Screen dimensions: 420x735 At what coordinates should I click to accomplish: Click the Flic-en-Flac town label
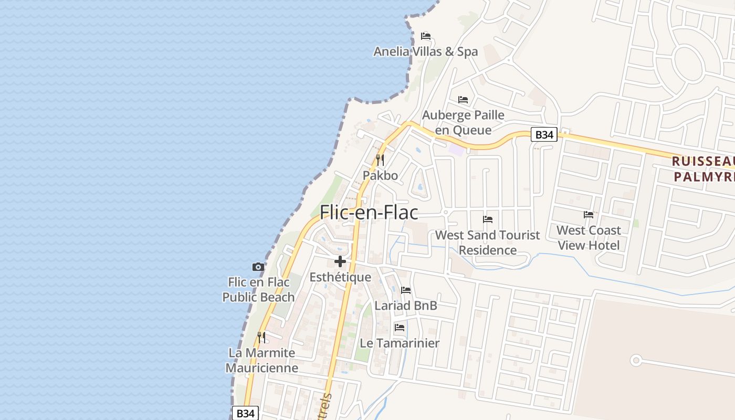369,213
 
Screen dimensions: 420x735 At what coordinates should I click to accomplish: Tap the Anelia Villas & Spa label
425,51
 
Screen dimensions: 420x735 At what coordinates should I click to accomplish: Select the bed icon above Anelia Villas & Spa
426,36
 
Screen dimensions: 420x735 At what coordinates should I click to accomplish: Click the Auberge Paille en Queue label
463,122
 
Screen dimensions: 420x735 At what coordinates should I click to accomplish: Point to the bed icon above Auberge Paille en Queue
463,99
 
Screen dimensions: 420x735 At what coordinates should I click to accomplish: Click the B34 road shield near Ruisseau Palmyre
544,135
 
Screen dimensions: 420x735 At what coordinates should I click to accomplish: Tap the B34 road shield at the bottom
245,413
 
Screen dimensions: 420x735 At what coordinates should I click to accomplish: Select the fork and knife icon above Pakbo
380,160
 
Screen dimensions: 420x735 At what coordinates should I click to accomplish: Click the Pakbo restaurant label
380,175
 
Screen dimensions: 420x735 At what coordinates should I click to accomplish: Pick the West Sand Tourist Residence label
487,243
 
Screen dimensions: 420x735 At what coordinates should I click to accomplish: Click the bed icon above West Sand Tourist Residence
488,219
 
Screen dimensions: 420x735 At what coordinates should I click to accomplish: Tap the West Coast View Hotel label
589,238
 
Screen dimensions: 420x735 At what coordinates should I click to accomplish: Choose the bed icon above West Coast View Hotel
589,215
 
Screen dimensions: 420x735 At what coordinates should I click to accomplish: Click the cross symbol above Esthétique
340,261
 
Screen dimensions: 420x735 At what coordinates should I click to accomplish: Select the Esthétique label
340,277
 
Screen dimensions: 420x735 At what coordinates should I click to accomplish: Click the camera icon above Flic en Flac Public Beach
258,267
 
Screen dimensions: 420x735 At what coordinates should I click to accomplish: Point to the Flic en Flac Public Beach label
258,290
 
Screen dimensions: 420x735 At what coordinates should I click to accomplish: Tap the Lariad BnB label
405,306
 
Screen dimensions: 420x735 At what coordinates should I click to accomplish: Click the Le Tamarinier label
400,343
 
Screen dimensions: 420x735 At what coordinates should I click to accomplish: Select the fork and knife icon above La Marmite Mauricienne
261,337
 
